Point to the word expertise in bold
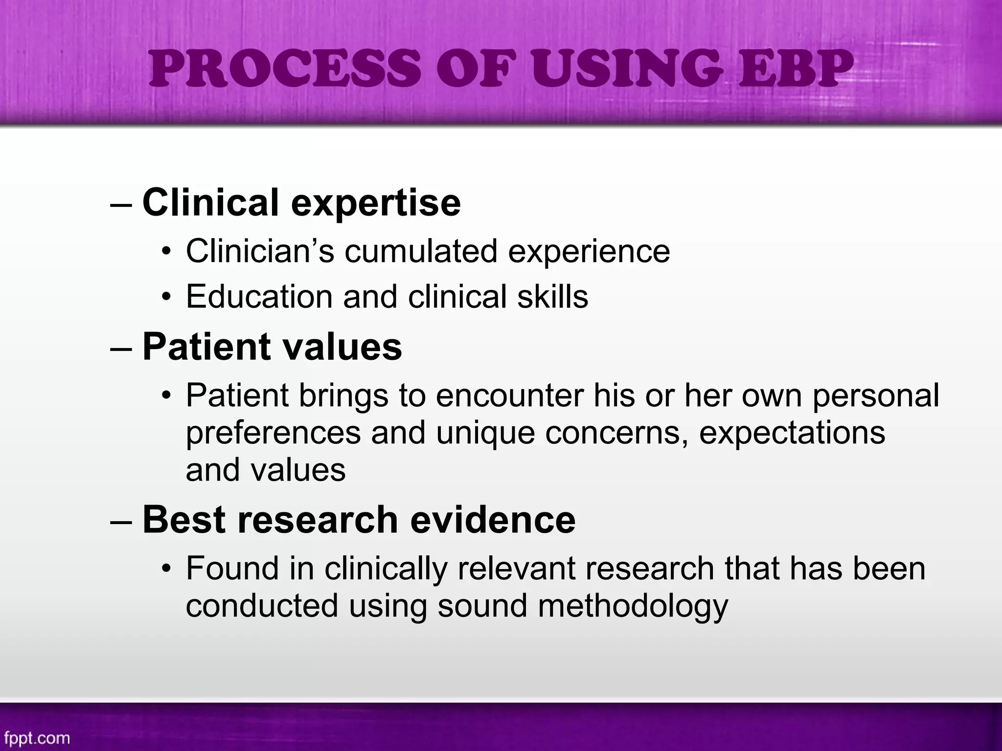[x=376, y=203]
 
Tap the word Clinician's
[x=260, y=251]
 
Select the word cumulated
[x=421, y=251]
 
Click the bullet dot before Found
[x=167, y=570]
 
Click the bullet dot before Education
[x=167, y=298]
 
